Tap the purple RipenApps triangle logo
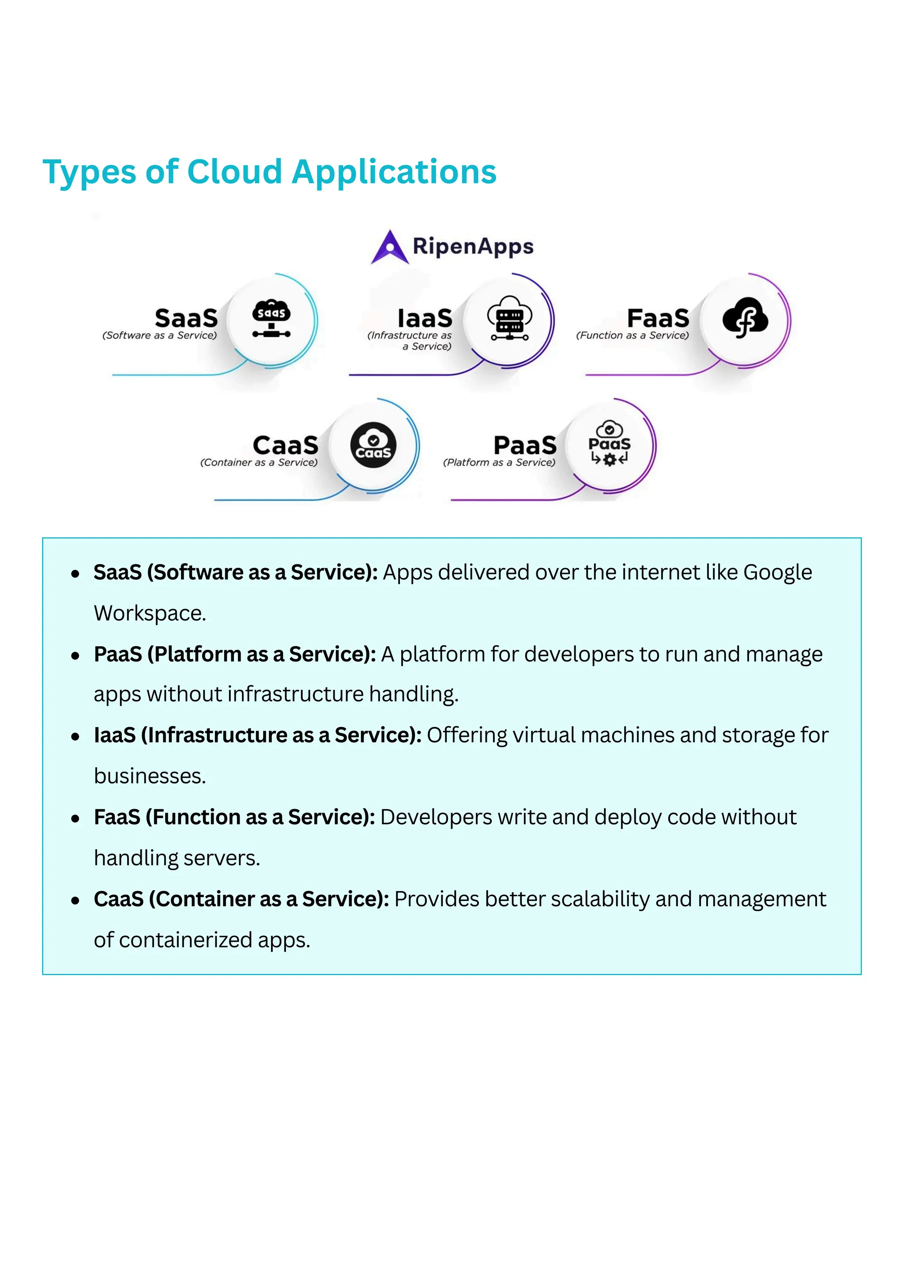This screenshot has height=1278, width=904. coord(390,248)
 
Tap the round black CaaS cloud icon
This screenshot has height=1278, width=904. coord(373,445)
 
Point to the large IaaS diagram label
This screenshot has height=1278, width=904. coord(425,318)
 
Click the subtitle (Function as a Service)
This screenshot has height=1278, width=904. coord(633,336)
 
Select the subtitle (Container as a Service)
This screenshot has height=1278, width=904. coord(259,463)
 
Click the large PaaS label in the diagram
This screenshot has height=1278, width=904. coord(524,445)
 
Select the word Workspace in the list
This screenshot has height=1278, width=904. coord(149,613)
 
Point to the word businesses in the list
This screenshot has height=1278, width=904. coord(149,776)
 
